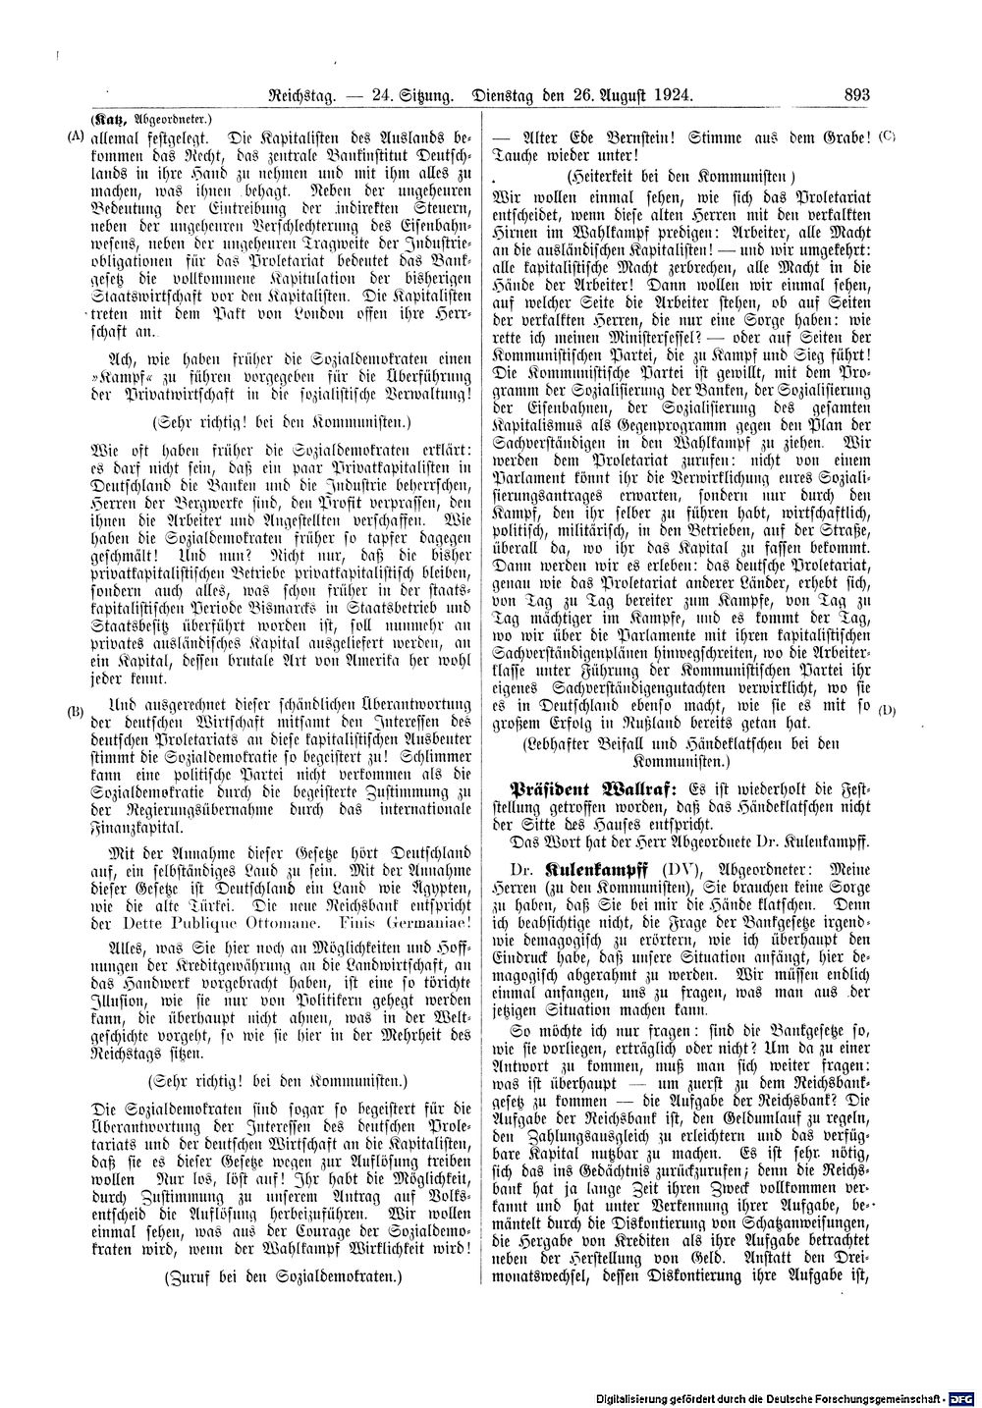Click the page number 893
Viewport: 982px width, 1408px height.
[x=856, y=95]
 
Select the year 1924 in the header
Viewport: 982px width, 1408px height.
[x=672, y=95]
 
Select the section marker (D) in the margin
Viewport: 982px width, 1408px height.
[x=887, y=710]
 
